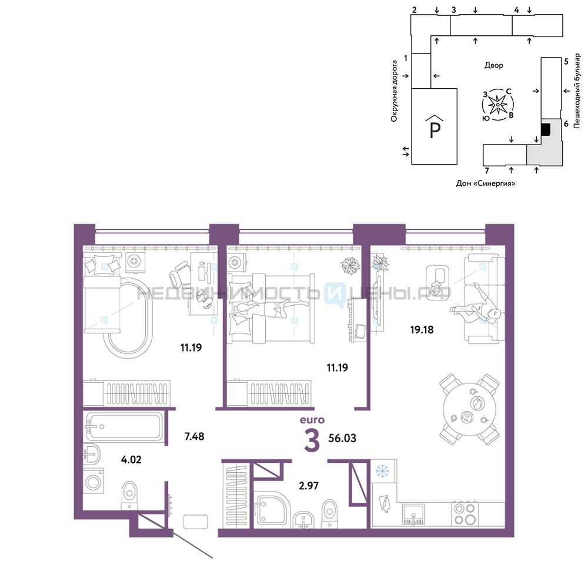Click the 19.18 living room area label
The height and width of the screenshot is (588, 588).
pos(422,330)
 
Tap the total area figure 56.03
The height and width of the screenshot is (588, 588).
pos(342,438)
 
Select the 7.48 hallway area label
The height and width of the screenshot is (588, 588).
pos(194,436)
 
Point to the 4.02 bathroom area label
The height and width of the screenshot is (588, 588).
pos(131,459)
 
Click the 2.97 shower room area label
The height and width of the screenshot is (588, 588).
pos(309,486)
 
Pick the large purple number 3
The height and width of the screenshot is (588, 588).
pos(312,440)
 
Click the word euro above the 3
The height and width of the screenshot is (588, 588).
pos(312,420)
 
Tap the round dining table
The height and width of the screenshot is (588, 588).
pos(469,409)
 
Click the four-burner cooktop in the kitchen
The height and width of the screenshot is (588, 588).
pos(465,514)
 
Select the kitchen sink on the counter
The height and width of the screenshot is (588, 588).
pos(413,514)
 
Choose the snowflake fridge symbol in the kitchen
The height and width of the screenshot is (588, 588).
pos(383,470)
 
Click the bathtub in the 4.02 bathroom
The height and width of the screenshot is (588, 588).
pos(123,426)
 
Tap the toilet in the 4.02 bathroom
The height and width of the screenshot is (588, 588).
pos(129,496)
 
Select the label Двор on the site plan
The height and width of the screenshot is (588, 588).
pos(493,65)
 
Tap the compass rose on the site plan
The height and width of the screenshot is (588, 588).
pos(497,105)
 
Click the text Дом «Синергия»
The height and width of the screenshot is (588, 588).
pos(486,183)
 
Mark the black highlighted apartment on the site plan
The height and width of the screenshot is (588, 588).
pos(546,130)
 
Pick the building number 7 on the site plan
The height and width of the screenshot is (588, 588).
pos(487,171)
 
